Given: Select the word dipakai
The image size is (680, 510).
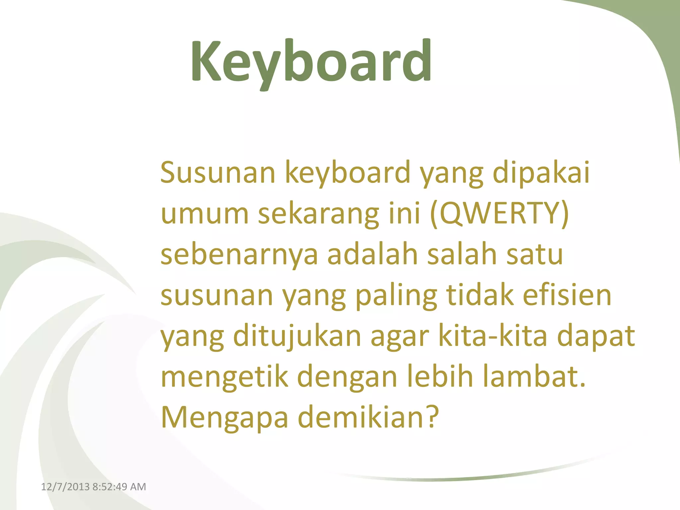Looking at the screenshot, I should coord(541,173).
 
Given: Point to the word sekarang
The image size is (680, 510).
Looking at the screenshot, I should coord(318,214).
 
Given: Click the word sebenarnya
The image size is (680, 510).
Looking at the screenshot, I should coord(239,255).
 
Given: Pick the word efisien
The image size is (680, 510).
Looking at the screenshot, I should coord(567,295).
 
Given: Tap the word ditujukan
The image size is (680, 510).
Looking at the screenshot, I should coord(297,336).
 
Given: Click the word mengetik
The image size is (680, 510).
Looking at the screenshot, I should coord(224,377).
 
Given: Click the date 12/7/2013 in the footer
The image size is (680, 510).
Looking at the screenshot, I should coord(65,487).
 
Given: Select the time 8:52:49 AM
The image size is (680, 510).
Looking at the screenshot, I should coord(119,487).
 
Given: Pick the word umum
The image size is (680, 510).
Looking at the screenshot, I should coord(205,214).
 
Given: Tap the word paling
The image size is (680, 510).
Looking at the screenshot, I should coord(396,296).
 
